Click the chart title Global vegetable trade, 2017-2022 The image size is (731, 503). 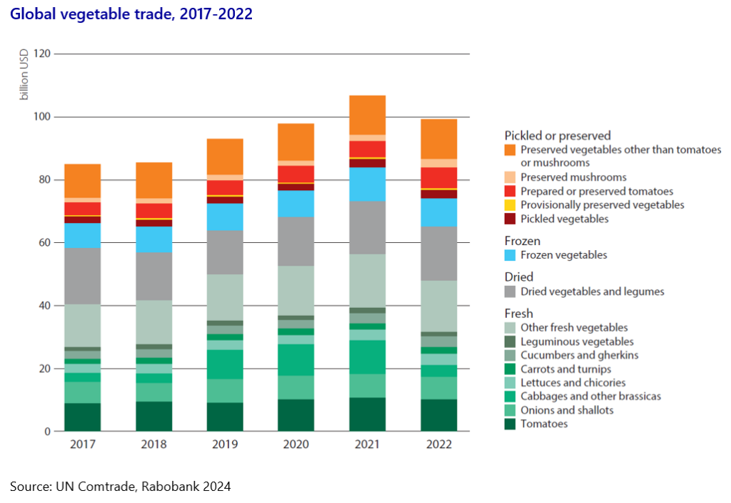pos(131,14)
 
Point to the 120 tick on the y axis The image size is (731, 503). pos(41,54)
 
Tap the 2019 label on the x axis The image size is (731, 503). pos(225,444)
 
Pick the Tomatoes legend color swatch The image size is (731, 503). pos(510,424)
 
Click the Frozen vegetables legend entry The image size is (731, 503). pos(564,254)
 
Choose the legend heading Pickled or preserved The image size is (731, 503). pos(558,135)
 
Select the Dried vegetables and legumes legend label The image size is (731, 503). pos(592,291)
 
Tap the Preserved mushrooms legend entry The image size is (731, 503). pos(573,177)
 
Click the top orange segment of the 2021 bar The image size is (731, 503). pos(367,114)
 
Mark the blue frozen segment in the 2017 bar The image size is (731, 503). pos(82,235)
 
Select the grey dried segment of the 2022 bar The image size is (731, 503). pos(438,253)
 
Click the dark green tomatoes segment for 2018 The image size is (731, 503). pos(153,416)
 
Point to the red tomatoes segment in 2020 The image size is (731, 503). pos(296,174)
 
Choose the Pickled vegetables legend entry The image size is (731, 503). pos(564,219)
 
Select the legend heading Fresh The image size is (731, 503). pos(518,313)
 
